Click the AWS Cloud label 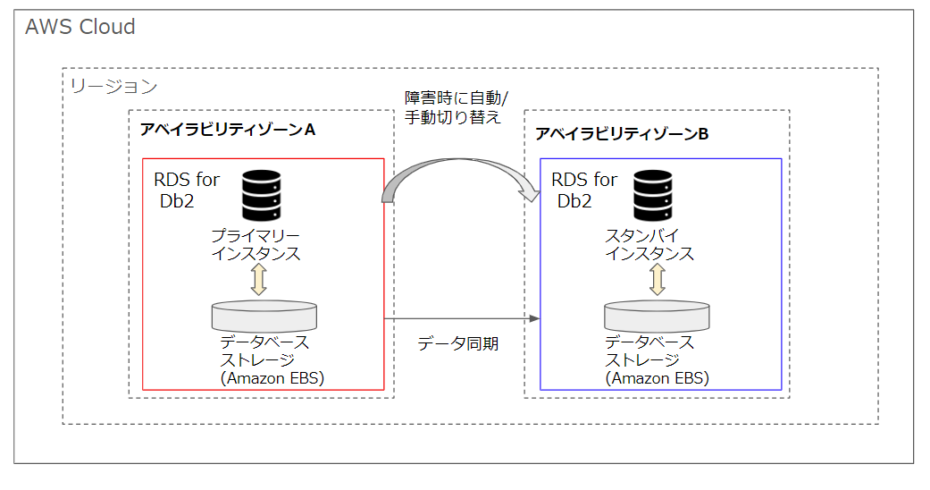click(x=80, y=27)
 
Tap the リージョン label click(x=113, y=87)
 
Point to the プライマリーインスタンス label click(x=256, y=244)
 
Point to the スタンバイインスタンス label click(x=649, y=244)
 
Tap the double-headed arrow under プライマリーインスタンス click(x=259, y=279)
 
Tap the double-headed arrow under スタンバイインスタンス click(x=657, y=279)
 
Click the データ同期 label click(x=457, y=343)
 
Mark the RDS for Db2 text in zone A click(x=187, y=190)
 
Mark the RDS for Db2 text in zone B click(x=584, y=190)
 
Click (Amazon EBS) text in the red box click(x=272, y=378)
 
